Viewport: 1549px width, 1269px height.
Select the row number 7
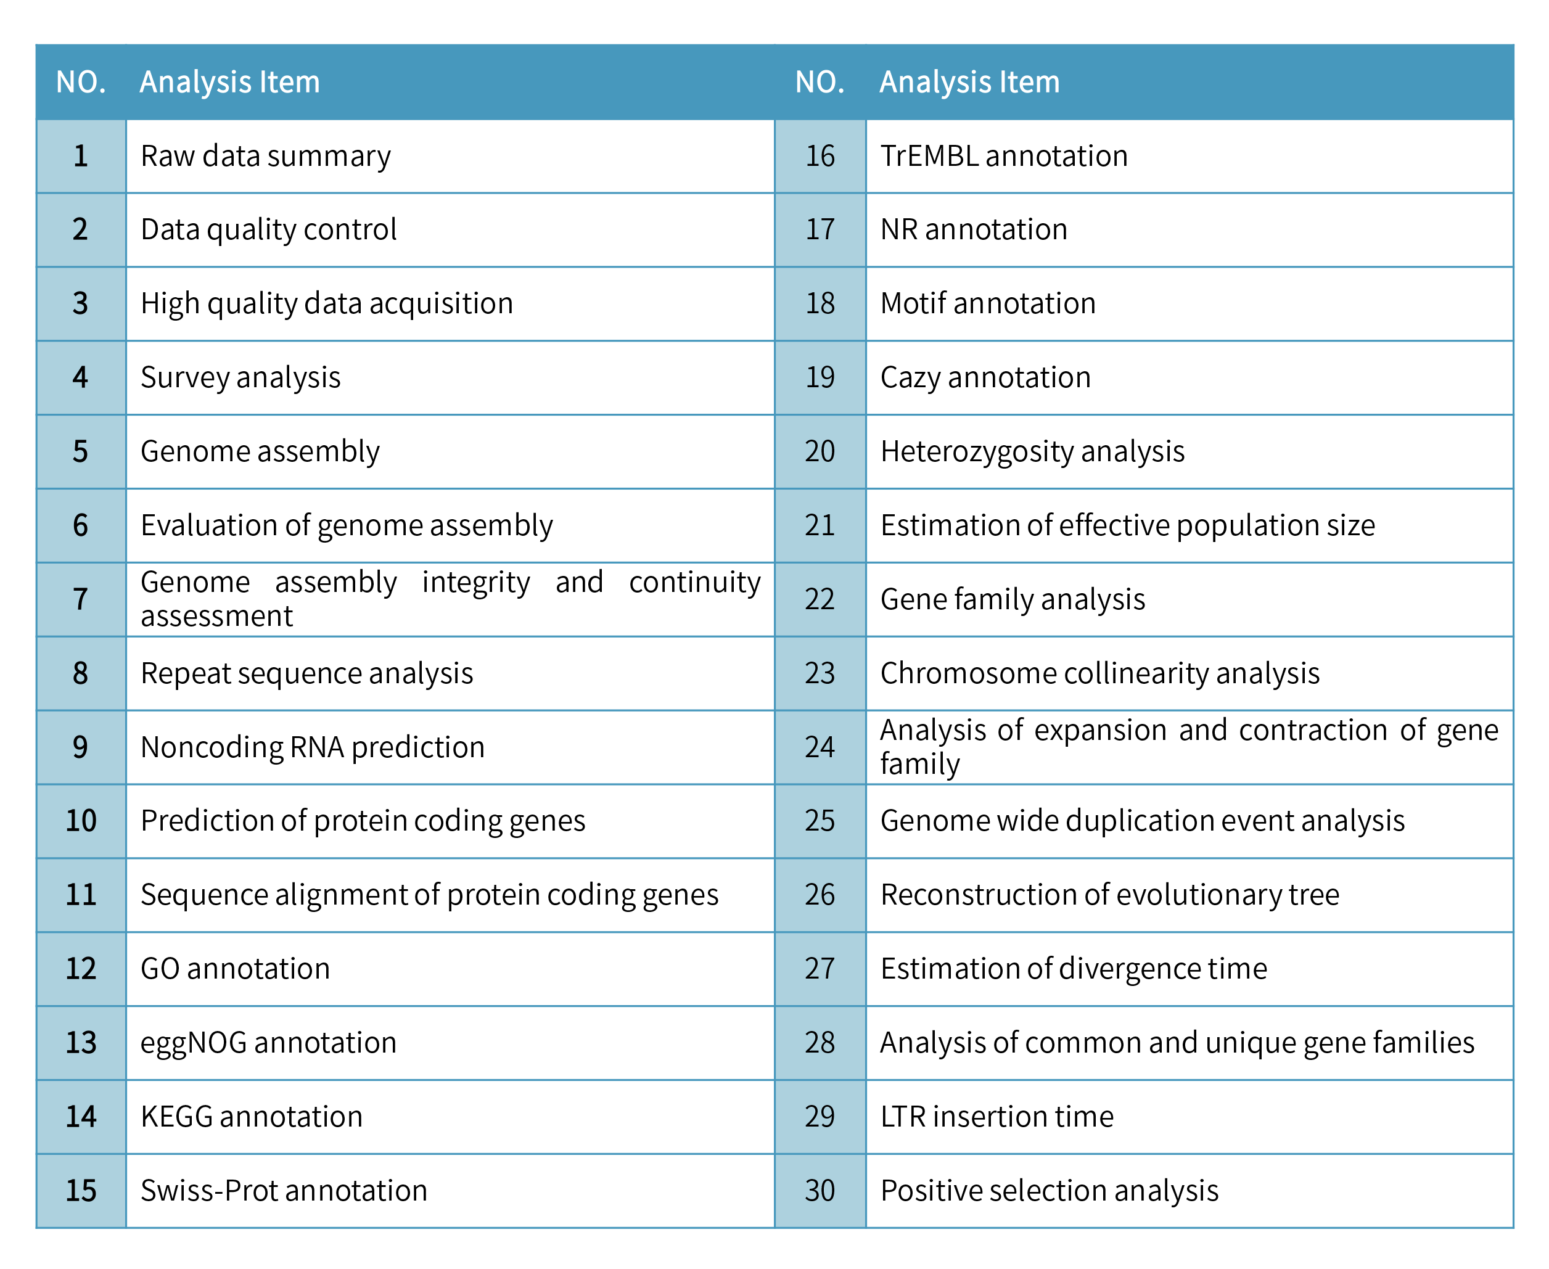[x=80, y=599]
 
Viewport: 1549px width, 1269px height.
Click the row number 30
[x=820, y=1191]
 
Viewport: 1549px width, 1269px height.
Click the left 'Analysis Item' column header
[x=229, y=82]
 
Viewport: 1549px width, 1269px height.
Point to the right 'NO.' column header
[x=820, y=82]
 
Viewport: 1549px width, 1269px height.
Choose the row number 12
[x=80, y=969]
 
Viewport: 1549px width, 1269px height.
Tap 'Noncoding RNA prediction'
[x=312, y=747]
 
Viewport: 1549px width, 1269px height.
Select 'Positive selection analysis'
[x=1049, y=1191]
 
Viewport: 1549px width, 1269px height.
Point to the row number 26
[x=820, y=895]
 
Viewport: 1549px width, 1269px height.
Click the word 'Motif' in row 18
[x=912, y=303]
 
